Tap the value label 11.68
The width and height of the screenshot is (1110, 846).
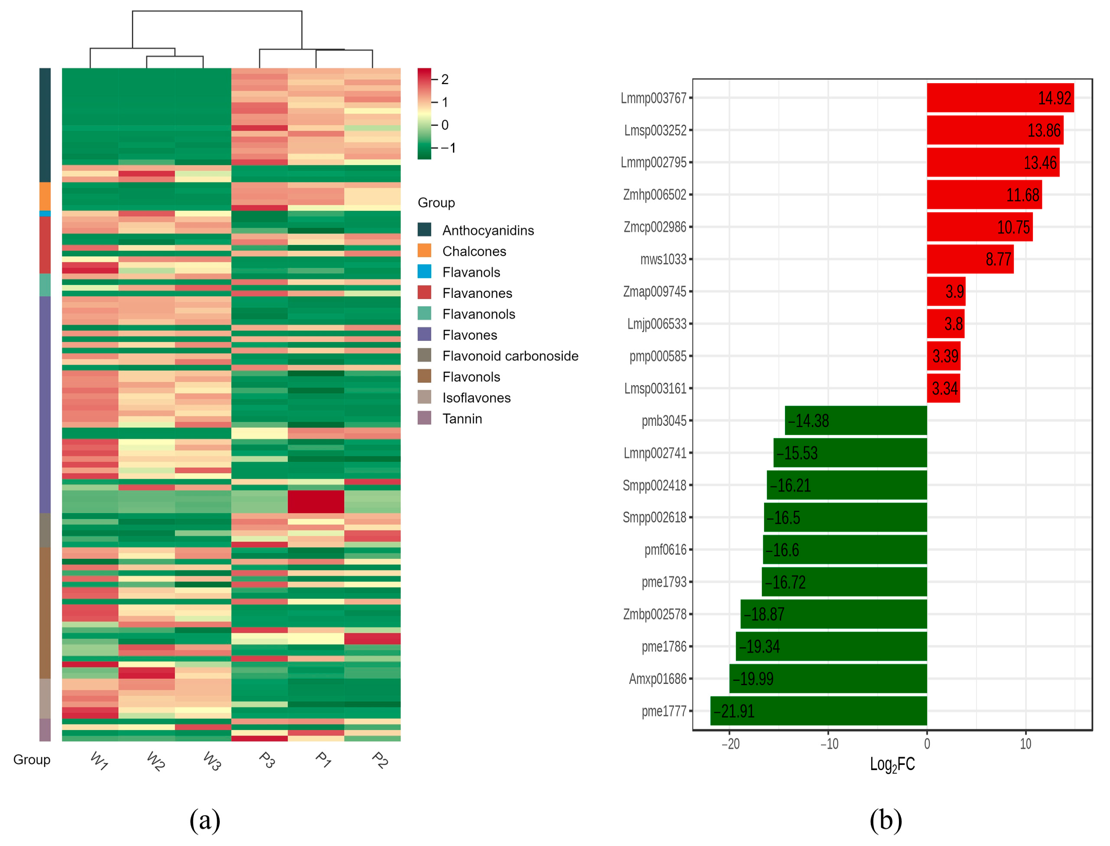click(1022, 195)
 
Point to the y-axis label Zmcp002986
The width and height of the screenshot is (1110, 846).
click(654, 227)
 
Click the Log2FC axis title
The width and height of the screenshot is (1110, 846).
click(892, 764)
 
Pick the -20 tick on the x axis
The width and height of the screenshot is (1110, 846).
click(730, 744)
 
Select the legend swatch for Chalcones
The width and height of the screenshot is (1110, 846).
click(424, 251)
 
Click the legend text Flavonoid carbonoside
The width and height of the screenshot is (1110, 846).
click(510, 356)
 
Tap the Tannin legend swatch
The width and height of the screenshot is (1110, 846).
click(424, 418)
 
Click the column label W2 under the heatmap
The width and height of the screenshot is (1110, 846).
click(156, 761)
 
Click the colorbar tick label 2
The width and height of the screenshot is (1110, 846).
click(445, 79)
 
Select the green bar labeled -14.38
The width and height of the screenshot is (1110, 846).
click(856, 421)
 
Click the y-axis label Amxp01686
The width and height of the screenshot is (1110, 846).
click(657, 679)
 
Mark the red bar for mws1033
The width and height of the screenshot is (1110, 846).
click(970, 259)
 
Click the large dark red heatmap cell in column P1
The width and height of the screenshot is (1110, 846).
click(316, 502)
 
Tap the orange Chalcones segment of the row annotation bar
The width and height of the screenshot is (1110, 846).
click(45, 196)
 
